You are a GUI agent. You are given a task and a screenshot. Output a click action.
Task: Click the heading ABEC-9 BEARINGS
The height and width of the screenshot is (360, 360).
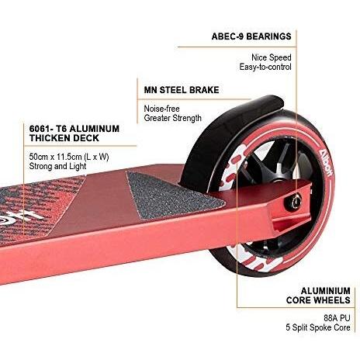251,36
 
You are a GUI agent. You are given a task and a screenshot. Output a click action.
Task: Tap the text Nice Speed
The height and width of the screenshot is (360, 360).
272,57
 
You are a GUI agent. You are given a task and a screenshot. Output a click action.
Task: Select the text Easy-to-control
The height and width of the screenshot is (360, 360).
265,67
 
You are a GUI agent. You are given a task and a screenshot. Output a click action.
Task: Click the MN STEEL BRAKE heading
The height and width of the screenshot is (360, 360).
182,90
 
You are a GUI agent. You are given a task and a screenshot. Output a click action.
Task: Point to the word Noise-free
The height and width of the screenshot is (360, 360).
161,109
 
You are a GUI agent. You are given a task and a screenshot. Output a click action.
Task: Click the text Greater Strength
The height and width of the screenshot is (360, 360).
173,118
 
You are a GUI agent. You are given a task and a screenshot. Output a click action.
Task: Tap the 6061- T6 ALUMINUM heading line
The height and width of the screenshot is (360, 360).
74,129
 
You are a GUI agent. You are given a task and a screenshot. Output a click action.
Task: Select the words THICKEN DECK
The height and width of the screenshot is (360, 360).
64,138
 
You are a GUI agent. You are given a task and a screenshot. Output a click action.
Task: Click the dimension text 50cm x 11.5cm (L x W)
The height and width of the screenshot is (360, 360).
69,157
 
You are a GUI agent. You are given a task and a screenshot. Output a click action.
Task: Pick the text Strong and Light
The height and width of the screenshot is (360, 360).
57,166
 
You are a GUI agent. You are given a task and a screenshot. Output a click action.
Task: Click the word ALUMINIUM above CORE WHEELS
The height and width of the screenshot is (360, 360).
325,291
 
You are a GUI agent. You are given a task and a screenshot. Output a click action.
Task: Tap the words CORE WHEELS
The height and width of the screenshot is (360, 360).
318,300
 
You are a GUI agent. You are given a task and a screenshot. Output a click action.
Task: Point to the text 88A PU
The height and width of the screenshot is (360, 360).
337,317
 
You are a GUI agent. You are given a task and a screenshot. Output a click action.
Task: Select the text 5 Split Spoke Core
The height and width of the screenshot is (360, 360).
318,327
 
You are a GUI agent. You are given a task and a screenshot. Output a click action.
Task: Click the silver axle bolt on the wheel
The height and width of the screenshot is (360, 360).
293,202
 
